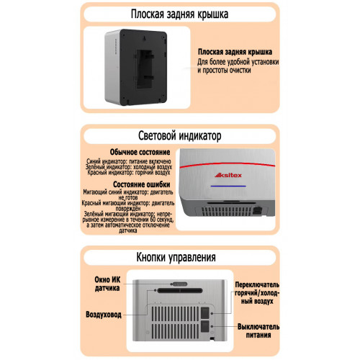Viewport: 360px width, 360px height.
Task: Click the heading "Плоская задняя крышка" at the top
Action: point(179,14)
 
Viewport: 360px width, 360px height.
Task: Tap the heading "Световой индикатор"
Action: point(180,136)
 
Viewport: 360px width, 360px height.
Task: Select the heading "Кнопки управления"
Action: point(176,257)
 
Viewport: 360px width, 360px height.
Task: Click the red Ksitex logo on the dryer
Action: point(228,175)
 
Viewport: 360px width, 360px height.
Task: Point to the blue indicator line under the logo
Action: point(228,186)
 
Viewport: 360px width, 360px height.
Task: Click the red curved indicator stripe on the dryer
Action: point(228,164)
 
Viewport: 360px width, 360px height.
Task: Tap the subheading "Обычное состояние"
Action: point(140,152)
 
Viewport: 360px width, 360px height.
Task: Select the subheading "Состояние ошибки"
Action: point(142,184)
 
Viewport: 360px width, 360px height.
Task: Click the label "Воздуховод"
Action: point(104,315)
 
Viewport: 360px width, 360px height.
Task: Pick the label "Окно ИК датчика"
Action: point(107,284)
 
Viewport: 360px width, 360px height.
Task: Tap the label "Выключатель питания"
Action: point(258,330)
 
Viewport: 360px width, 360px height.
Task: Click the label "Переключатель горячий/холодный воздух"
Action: point(257,293)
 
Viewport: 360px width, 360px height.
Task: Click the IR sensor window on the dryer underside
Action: point(180,284)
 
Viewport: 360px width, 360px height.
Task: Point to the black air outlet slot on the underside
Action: point(180,291)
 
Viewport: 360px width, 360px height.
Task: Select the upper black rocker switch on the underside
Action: point(205,312)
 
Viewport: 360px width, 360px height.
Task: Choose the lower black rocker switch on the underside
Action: point(205,326)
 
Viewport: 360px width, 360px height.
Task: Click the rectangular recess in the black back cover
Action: point(145,70)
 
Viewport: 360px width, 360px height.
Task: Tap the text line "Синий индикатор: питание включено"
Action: point(129,161)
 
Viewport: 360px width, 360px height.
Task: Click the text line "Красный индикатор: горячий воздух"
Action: point(129,172)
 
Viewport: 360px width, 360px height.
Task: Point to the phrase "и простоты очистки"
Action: point(224,71)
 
